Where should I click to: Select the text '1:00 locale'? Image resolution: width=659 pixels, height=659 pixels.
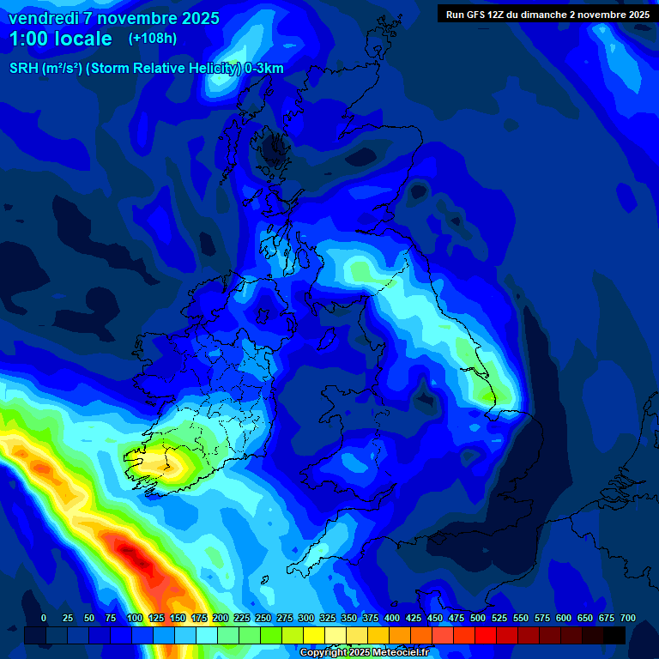pos(60,39)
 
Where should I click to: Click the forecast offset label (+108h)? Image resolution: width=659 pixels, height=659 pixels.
pos(152,39)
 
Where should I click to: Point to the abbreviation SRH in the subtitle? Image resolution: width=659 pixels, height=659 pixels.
pos(23,69)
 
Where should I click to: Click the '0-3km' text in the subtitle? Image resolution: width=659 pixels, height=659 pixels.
pos(264,69)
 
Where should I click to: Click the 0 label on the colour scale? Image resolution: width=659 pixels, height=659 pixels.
pos(44,618)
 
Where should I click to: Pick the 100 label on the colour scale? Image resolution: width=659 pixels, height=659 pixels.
pos(134,618)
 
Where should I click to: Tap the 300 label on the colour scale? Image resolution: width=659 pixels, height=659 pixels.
pos(306,618)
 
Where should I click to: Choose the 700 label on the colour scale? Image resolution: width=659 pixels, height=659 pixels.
pos(628,618)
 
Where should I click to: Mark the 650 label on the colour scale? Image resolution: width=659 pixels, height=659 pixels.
pos(585,618)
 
